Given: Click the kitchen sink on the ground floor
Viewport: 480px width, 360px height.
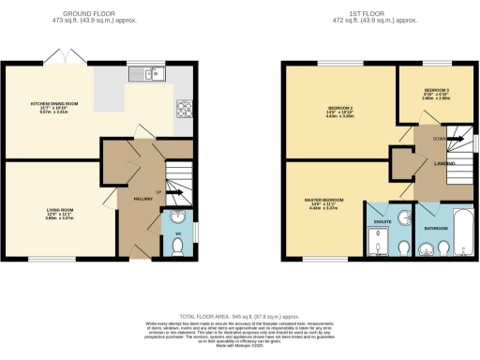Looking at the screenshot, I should tap(147, 72).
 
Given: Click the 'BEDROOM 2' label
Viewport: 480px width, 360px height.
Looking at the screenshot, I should tap(327, 107).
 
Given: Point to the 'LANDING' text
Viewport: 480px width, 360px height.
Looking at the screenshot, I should tap(432, 165).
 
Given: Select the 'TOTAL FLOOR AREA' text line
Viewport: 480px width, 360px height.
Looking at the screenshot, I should tap(240, 317).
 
